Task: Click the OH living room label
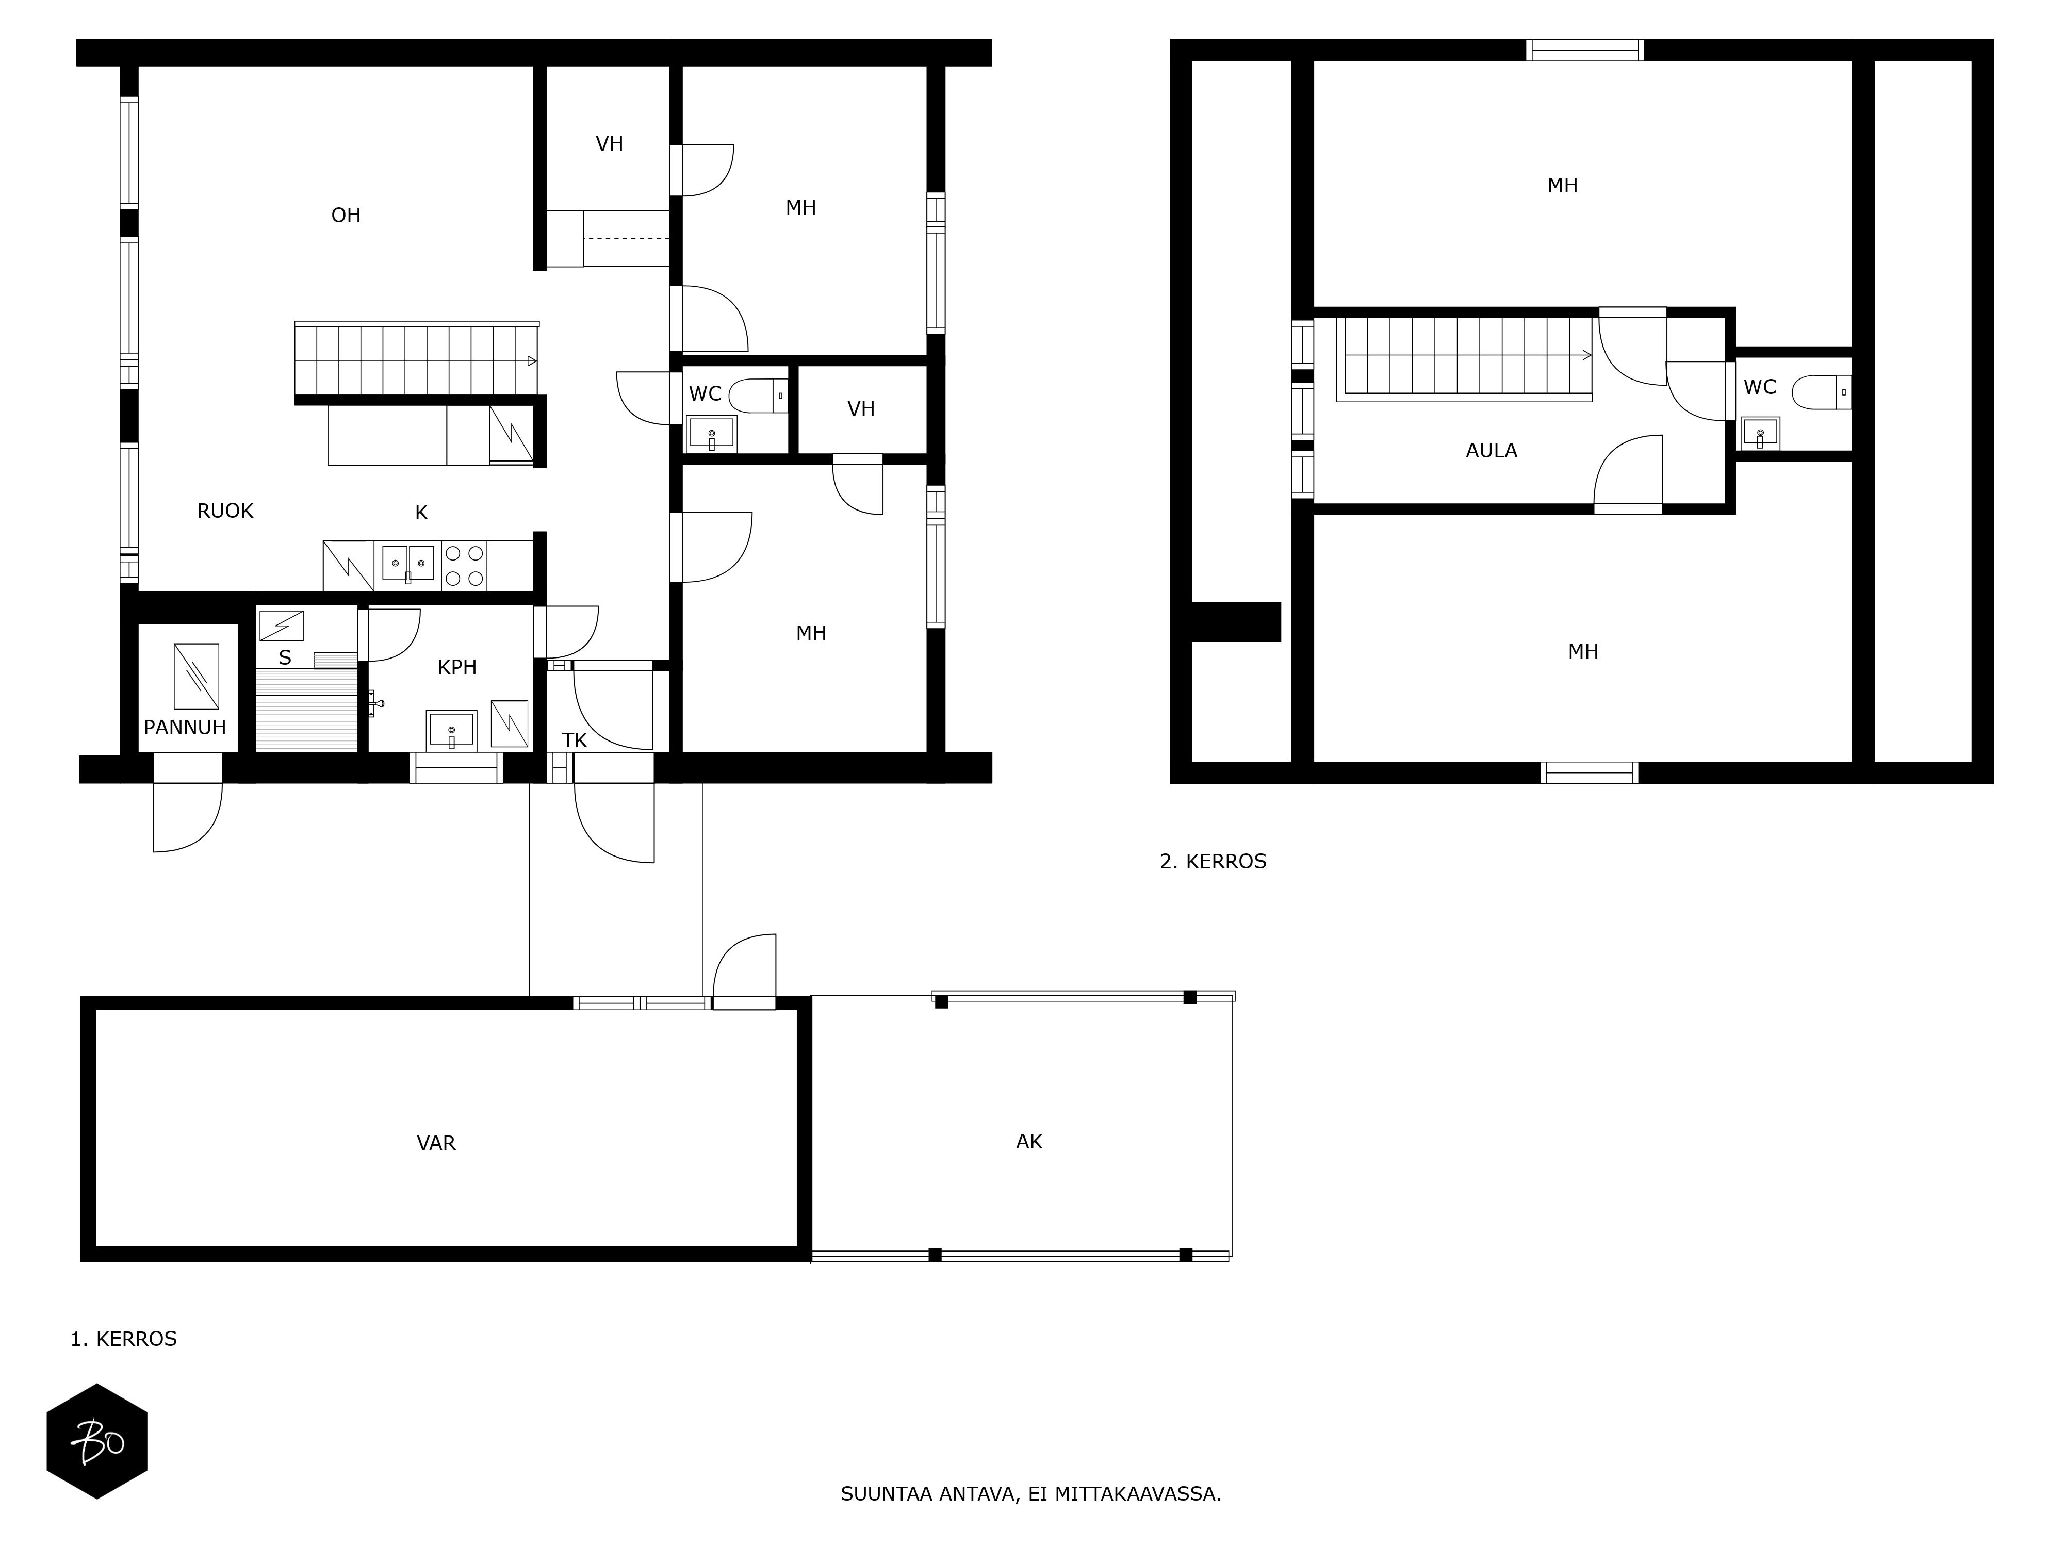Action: (346, 216)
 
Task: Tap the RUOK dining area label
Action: (226, 511)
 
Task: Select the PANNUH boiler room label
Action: (185, 727)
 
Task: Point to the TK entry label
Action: (575, 740)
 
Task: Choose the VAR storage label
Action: (436, 1143)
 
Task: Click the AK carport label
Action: (1029, 1141)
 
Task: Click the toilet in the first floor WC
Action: (758, 396)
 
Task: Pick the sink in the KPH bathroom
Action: (451, 730)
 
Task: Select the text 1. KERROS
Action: (124, 1339)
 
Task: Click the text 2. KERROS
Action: (1214, 862)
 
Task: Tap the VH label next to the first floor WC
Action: (861, 408)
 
